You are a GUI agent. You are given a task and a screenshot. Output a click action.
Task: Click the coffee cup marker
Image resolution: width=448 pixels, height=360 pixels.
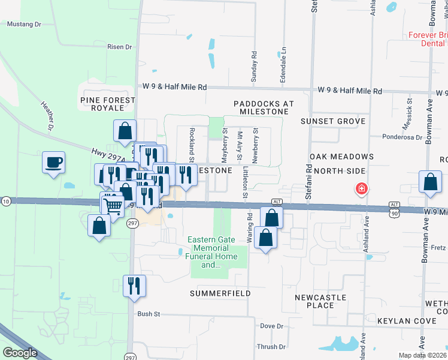pyautogui.click(x=54, y=162)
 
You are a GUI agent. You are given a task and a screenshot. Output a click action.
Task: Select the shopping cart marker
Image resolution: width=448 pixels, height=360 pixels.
pyautogui.click(x=112, y=206)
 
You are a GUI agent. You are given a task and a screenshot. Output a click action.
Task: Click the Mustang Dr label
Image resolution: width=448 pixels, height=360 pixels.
pyautogui.click(x=23, y=25)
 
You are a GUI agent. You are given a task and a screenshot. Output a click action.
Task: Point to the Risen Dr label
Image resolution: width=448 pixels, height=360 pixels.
pyautogui.click(x=119, y=47)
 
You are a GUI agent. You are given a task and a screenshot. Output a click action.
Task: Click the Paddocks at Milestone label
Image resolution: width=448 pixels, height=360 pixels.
pyautogui.click(x=264, y=107)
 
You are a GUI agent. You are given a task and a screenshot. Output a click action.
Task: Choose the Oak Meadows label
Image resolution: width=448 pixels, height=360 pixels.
pyautogui.click(x=342, y=157)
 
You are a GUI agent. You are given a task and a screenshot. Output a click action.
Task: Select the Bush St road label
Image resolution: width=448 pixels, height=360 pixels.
pyautogui.click(x=149, y=314)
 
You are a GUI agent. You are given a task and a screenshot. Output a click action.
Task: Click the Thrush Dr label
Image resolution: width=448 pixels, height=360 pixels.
pyautogui.click(x=271, y=347)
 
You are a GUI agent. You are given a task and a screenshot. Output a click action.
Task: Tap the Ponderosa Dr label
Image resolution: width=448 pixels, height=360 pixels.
pyautogui.click(x=402, y=137)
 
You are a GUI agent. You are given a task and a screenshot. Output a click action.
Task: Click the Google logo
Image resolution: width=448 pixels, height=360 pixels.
pyautogui.click(x=20, y=352)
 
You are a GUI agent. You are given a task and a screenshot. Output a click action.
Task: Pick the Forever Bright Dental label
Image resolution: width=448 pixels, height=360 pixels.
pyautogui.click(x=428, y=39)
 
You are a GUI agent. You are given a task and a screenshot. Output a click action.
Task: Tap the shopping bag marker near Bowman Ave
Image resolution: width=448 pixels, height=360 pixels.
pyautogui.click(x=431, y=182)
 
